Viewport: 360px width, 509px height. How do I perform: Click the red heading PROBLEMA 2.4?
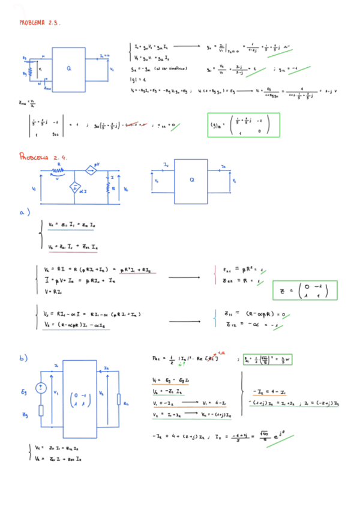44,157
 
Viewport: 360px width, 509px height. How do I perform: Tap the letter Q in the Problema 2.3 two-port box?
68,69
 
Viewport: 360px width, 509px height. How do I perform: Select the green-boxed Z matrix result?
305,290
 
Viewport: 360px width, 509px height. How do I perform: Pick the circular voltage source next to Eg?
41,388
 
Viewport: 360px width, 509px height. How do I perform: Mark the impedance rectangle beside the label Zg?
41,411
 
